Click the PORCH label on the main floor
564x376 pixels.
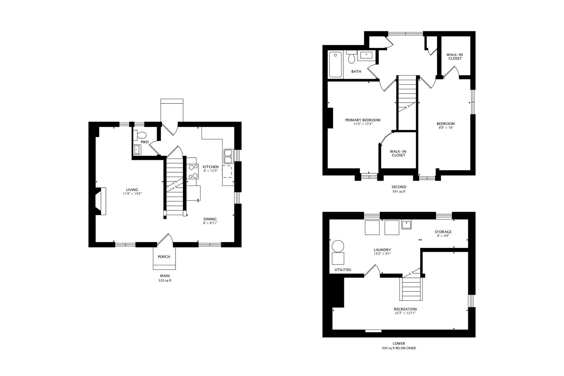point(164,257)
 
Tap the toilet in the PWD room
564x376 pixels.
point(141,135)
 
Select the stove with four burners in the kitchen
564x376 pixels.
point(193,172)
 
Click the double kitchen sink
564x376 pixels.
point(228,156)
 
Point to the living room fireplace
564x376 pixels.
point(101,202)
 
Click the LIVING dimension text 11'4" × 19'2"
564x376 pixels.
point(132,194)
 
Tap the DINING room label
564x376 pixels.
point(210,219)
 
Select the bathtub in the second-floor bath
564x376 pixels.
point(336,64)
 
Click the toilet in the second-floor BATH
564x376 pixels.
point(351,58)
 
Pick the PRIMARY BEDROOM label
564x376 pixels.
point(362,120)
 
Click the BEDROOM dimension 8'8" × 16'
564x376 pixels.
point(446,128)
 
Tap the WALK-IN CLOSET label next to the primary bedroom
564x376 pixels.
point(398,153)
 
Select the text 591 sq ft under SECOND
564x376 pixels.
point(399,191)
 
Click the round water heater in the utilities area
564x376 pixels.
point(338,246)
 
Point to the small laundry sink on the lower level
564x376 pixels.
point(406,225)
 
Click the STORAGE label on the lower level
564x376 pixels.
point(443,232)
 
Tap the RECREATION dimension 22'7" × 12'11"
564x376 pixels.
point(405,313)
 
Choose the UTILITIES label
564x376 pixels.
point(343,270)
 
